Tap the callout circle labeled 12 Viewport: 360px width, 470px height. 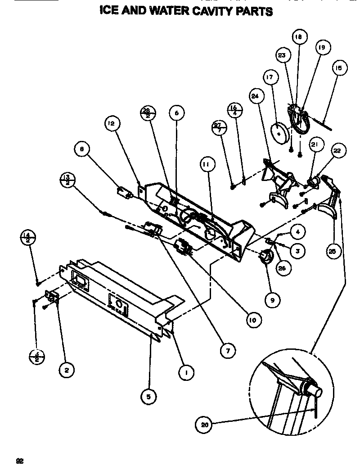coord(111,122)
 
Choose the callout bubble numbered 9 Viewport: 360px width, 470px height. coord(272,299)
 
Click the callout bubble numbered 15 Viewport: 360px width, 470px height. coord(339,69)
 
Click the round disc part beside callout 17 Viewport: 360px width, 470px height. coord(279,131)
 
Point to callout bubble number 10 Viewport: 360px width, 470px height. coord(253,320)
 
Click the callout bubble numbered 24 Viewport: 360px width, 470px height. coord(255,96)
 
